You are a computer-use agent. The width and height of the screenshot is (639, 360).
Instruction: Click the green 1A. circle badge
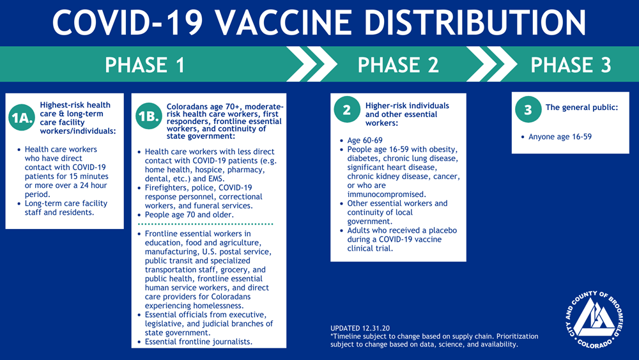[x=22, y=118]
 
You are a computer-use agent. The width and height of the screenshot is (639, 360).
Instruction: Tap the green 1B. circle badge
[x=149, y=116]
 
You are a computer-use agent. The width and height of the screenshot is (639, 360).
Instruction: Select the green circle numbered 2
[x=347, y=109]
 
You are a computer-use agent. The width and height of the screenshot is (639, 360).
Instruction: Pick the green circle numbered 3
[x=528, y=109]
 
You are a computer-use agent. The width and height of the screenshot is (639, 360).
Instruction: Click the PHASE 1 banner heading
[x=145, y=65]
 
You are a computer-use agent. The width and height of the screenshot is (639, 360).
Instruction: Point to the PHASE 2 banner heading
[x=398, y=65]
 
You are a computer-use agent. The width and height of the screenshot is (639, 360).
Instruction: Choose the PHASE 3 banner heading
[x=571, y=65]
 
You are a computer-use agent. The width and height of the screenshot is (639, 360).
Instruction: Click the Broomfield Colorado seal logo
[x=594, y=320]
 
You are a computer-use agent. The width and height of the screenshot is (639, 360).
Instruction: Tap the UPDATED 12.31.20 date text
[x=360, y=328]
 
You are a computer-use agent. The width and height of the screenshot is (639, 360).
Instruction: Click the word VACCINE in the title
[x=284, y=22]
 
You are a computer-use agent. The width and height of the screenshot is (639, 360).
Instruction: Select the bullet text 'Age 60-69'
[x=365, y=140]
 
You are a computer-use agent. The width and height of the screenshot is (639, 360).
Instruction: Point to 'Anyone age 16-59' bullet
[x=560, y=137]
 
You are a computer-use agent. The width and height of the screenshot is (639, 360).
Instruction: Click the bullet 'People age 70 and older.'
[x=189, y=214]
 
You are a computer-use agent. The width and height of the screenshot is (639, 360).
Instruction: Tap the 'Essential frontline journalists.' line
[x=199, y=341]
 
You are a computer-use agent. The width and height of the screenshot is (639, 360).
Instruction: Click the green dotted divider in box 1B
[x=205, y=224]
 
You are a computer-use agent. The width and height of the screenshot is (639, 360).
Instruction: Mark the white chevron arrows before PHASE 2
[x=311, y=64]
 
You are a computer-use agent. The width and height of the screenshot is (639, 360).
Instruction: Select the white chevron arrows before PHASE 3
[x=491, y=64]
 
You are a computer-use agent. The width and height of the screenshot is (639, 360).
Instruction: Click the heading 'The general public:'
[x=581, y=107]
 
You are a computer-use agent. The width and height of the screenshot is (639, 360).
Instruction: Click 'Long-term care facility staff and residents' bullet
[x=66, y=208]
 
